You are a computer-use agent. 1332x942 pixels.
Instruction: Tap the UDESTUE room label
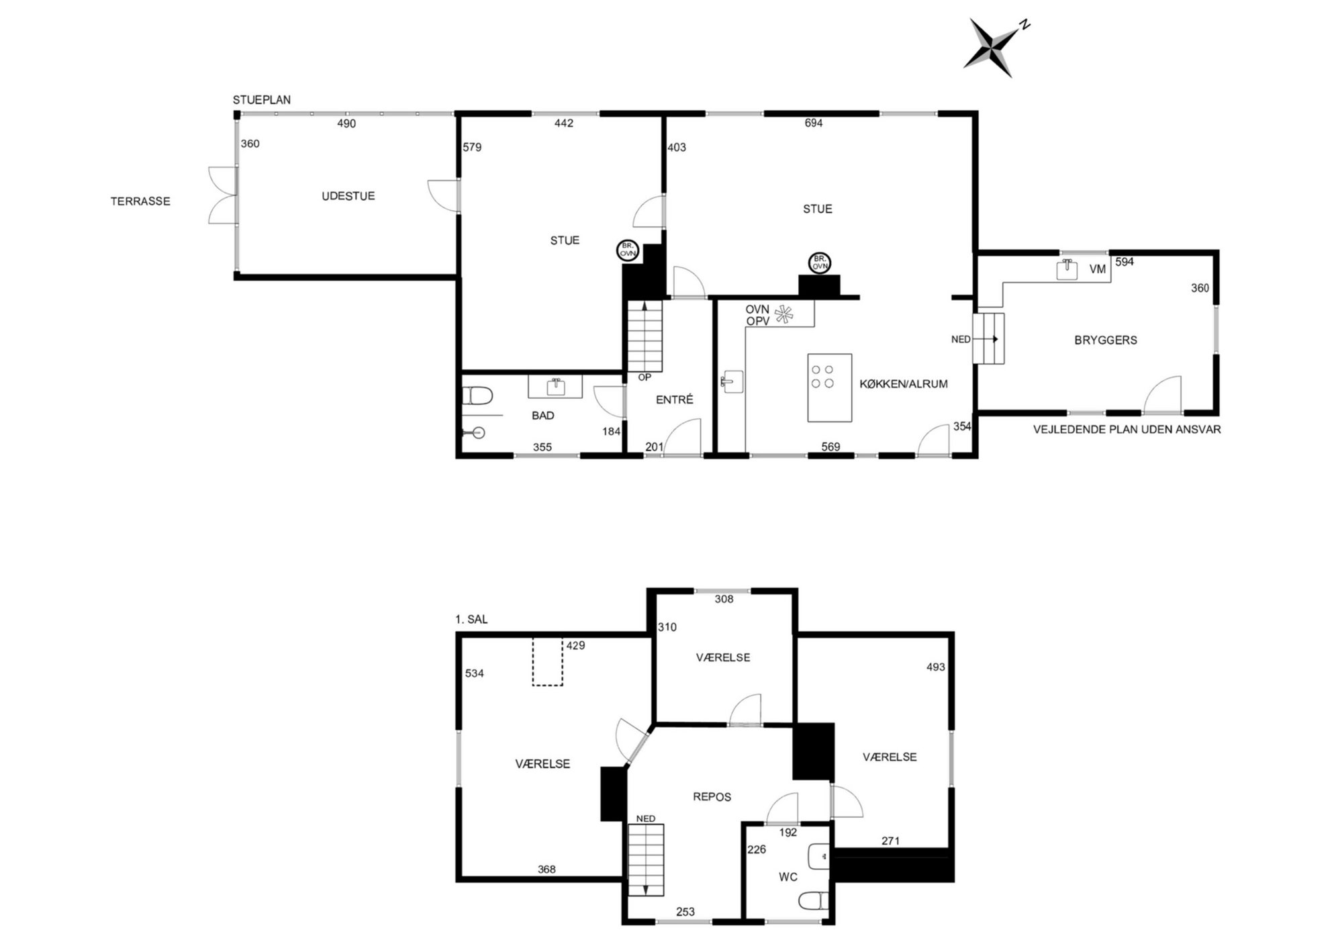tap(348, 196)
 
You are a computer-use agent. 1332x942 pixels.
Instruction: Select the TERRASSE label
tap(140, 201)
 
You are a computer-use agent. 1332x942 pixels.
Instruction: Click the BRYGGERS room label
tap(1105, 340)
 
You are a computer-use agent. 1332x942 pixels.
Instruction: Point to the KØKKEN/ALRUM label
tap(904, 384)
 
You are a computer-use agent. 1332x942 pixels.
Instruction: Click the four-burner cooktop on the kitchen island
tap(822, 377)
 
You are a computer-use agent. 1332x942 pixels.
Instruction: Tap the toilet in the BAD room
tap(477, 395)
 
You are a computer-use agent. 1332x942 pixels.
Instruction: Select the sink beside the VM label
tap(1067, 269)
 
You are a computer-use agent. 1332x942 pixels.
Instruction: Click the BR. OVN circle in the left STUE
tap(628, 251)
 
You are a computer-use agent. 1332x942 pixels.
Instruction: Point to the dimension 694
tap(814, 123)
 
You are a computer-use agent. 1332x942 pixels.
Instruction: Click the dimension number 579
tap(472, 147)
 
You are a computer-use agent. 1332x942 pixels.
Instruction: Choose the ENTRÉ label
tap(674, 399)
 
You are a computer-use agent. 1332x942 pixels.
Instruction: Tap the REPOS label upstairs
tap(712, 797)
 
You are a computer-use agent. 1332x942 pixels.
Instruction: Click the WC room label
tap(788, 877)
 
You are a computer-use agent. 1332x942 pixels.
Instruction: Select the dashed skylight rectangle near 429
tap(548, 661)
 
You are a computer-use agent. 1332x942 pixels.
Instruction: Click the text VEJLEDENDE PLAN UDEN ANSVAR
tap(1127, 429)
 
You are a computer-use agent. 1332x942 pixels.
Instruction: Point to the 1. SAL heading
tap(471, 619)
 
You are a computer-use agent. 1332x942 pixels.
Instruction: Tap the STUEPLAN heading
tap(262, 100)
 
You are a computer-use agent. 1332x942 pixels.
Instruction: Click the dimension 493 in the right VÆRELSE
tap(935, 667)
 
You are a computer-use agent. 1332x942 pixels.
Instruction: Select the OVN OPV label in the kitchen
tap(757, 316)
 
